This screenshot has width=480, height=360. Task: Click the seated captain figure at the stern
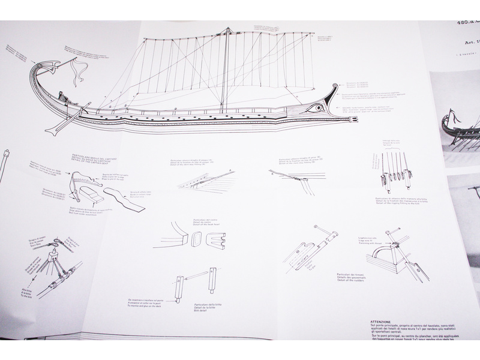pos(62,97)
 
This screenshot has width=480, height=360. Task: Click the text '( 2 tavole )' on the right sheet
pos(469,54)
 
